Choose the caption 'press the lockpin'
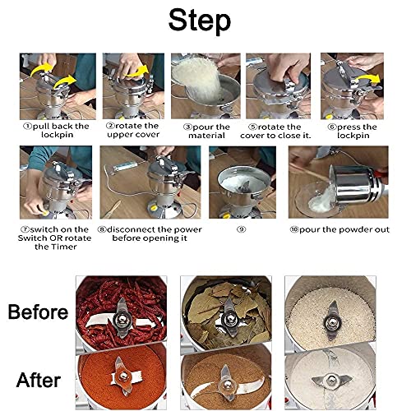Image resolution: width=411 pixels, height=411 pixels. [354, 132]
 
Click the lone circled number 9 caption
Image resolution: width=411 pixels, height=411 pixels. [240, 227]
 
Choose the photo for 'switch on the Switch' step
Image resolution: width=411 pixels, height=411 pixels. [54, 182]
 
